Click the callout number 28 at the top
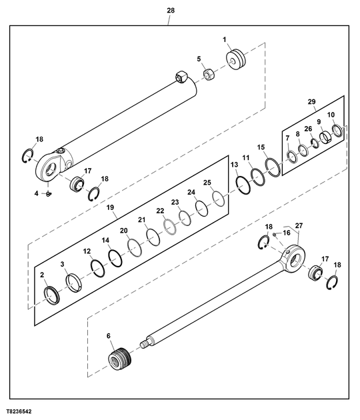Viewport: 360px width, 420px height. (x=171, y=11)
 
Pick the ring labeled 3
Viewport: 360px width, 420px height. (x=73, y=284)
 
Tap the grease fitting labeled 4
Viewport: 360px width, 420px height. (x=49, y=194)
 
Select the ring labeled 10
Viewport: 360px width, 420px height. (x=337, y=131)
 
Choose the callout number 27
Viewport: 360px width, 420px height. (x=299, y=226)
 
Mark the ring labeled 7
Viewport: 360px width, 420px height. (x=291, y=156)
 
